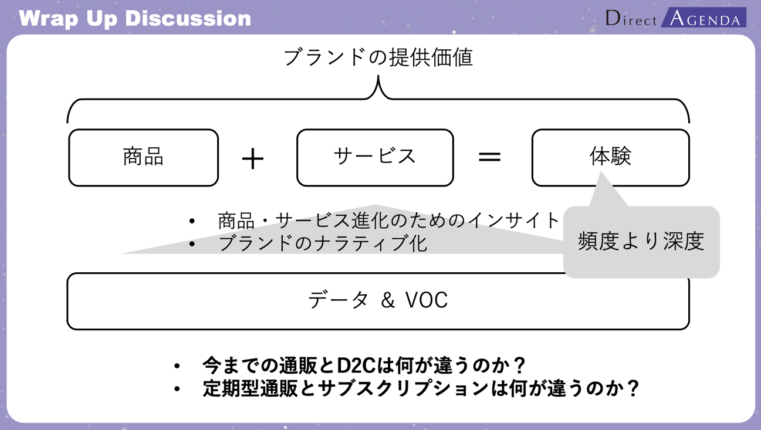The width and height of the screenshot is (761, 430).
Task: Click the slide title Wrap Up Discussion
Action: tap(135, 18)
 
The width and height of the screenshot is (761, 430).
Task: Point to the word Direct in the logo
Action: tap(631, 19)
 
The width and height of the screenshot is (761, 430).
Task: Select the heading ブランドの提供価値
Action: tap(378, 57)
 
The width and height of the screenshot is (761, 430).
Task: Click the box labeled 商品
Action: tap(143, 157)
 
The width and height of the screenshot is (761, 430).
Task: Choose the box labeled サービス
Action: tap(375, 157)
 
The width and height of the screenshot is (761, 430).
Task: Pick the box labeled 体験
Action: tap(610, 157)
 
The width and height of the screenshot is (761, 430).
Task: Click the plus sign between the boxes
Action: tap(253, 158)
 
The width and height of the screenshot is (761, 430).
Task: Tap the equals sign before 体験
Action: tap(489, 157)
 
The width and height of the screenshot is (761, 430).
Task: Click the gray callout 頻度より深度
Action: tap(641, 241)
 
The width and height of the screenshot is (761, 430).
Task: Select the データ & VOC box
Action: tap(378, 301)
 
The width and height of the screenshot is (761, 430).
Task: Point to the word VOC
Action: tap(427, 300)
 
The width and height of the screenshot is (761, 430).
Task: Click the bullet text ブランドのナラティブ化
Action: tap(322, 243)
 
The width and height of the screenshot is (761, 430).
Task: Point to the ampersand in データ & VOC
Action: tap(388, 301)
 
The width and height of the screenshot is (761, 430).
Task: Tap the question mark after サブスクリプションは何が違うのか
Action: tap(632, 388)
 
